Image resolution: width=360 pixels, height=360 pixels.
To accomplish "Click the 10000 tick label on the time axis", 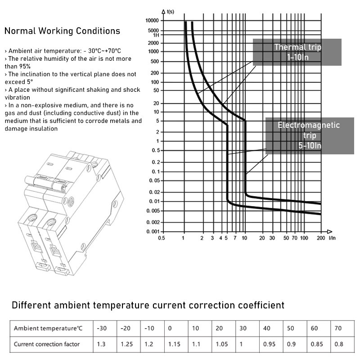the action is tap(152, 21).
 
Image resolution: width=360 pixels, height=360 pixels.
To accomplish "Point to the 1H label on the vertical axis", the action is tap(156, 35).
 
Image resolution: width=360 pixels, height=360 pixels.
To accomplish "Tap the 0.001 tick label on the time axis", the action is tap(153, 232).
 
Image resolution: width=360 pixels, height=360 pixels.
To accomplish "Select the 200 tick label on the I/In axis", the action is tap(321, 238).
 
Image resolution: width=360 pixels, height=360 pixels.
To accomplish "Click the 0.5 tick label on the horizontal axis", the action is tap(162, 238).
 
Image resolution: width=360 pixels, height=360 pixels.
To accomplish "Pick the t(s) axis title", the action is tap(171, 12).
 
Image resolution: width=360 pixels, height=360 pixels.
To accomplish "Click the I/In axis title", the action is tap(332, 238).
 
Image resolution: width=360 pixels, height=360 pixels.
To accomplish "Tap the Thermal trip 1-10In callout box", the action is tap(297, 52).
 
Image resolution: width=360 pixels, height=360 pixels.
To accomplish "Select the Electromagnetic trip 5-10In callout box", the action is tap(310, 136).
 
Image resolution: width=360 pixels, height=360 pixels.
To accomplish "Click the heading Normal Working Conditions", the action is tap(62, 31).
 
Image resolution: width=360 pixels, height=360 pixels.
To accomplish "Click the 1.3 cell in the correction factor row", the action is tap(101, 344).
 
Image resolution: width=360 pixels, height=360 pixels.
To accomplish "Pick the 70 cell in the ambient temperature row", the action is tap(338, 328).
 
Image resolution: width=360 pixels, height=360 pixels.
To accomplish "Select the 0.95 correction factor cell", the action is tap(269, 344).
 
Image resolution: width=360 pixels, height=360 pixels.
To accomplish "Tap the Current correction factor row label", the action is tap(47, 344).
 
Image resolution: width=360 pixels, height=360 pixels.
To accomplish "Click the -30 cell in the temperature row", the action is tap(102, 328).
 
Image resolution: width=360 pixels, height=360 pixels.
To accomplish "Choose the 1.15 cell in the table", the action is tap(174, 344).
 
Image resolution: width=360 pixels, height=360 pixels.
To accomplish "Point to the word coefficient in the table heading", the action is tap(261, 306).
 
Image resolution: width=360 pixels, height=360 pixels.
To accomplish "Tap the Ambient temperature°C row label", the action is tap(48, 328).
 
